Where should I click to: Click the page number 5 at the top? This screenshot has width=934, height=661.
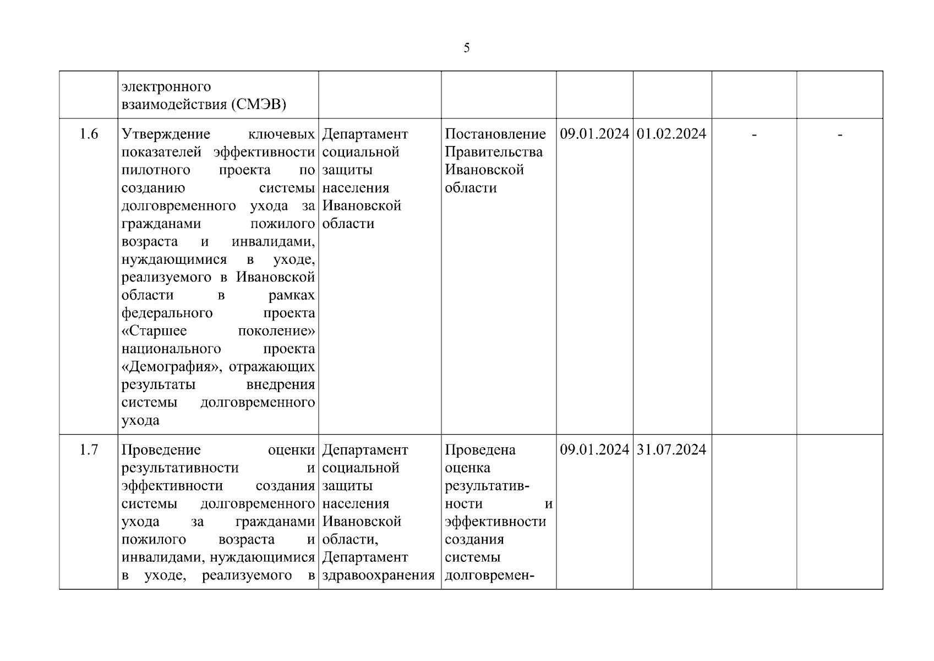pos(467,48)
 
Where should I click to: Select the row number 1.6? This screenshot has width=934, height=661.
pos(89,134)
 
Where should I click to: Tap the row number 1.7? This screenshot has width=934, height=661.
pos(89,450)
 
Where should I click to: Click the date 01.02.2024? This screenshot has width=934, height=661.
pos(671,134)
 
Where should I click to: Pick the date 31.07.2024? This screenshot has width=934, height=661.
pos(671,450)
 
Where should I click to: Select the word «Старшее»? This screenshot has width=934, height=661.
pos(154,331)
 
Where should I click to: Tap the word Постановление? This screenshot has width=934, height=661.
pos(495,134)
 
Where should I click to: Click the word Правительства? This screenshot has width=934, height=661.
pos(494,152)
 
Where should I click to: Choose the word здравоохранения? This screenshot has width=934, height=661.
pos(379,576)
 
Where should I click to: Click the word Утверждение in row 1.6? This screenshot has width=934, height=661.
pos(166,134)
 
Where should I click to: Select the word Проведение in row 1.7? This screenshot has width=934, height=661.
pos(161,450)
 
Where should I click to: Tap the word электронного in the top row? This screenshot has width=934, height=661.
pos(166,87)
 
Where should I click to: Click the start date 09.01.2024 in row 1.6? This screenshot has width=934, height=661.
pos(594,134)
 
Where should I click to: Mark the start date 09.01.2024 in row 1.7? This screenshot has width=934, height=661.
pos(594,450)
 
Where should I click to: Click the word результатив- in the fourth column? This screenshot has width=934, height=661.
pos(487,486)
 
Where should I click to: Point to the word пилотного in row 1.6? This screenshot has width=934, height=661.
pos(156,170)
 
